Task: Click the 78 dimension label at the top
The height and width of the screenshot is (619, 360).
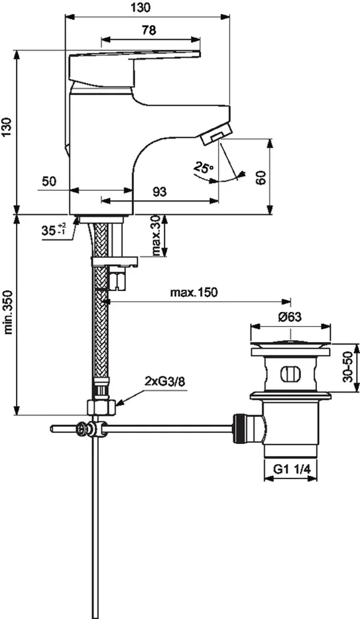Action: coord(149,30)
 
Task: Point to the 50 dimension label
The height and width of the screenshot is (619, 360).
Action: coord(49,181)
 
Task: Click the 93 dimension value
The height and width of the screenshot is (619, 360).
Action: coord(159,192)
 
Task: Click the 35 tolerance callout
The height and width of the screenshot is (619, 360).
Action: coord(53,231)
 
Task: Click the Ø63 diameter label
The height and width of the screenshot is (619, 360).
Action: coord(290,317)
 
